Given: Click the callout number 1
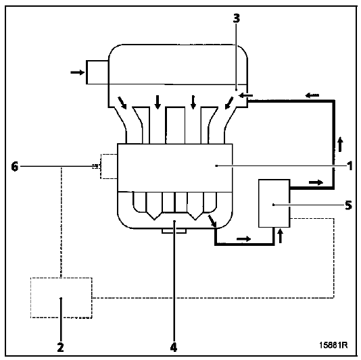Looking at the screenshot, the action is (350, 166).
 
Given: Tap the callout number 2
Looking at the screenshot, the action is (60, 347).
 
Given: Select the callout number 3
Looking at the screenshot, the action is (236, 18).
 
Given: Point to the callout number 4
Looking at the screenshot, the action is (174, 347).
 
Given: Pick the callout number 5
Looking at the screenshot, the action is (349, 205).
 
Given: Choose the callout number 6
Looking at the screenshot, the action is (14, 166).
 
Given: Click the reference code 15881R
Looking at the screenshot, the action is (333, 345).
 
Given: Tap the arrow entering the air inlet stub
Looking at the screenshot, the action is (78, 72).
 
